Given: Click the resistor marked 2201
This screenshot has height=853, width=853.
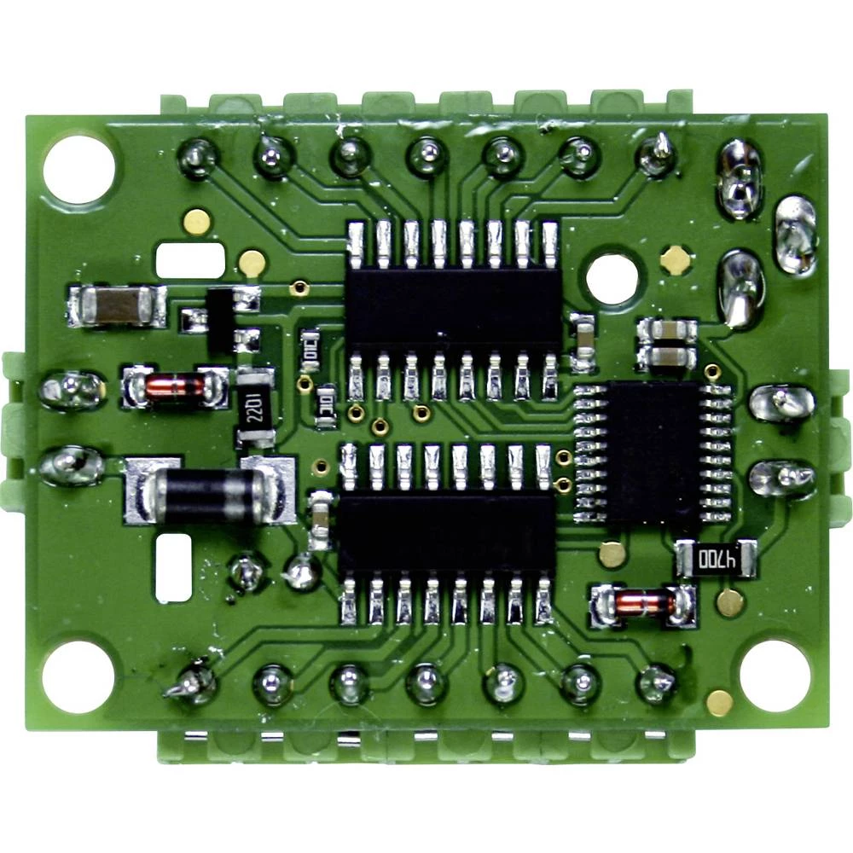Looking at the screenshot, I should pyautogui.click(x=255, y=407).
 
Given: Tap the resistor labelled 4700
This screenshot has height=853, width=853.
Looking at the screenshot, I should pyautogui.click(x=717, y=560).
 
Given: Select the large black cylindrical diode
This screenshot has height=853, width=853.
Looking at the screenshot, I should pyautogui.click(x=210, y=492).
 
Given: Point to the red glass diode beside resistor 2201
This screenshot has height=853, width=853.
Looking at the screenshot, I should pyautogui.click(x=176, y=388).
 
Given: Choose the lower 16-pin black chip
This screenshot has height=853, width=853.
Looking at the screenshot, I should pyautogui.click(x=447, y=533).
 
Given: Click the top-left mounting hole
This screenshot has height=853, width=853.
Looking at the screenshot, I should pyautogui.click(x=78, y=169).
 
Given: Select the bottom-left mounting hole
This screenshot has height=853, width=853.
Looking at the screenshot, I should pyautogui.click(x=78, y=676).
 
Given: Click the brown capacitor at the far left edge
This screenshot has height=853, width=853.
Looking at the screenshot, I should pyautogui.click(x=118, y=306).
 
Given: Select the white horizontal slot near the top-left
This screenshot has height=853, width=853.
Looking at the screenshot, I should pyautogui.click(x=190, y=259).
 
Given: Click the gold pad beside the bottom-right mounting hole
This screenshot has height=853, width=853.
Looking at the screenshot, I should pyautogui.click(x=719, y=703).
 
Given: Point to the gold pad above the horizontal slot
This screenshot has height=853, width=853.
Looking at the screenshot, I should pyautogui.click(x=197, y=222).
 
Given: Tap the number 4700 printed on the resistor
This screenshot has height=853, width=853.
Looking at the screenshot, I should pyautogui.click(x=717, y=560).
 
